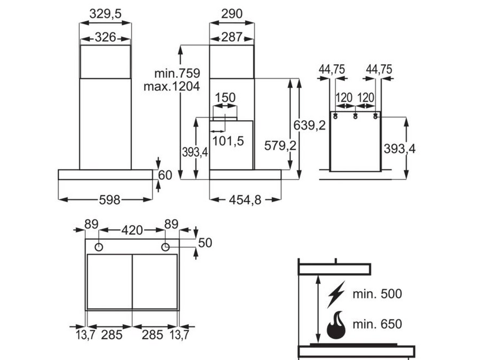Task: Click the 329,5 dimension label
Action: click(106, 14)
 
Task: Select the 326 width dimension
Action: click(106, 37)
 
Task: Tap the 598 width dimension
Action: click(110, 200)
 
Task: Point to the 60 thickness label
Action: click(166, 175)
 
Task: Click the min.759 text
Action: click(177, 73)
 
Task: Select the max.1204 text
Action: click(172, 86)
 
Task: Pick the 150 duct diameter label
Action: click(225, 98)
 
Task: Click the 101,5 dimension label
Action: click(228, 141)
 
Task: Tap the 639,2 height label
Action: click(310, 125)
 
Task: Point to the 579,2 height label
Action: click(280, 146)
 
